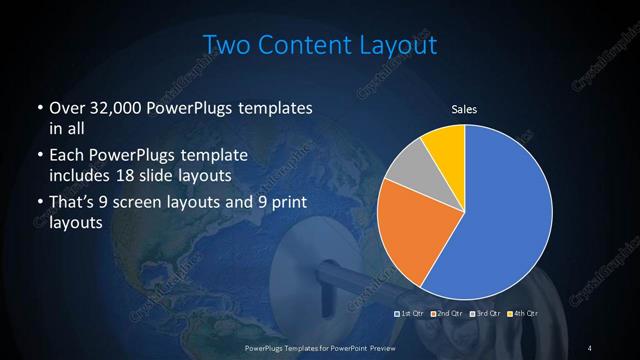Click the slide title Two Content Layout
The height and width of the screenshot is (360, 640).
[x=319, y=45]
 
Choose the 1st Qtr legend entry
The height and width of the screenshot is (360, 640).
[x=411, y=314]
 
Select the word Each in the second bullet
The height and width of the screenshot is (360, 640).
[x=66, y=157]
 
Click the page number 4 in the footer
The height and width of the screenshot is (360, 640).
[x=590, y=347]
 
